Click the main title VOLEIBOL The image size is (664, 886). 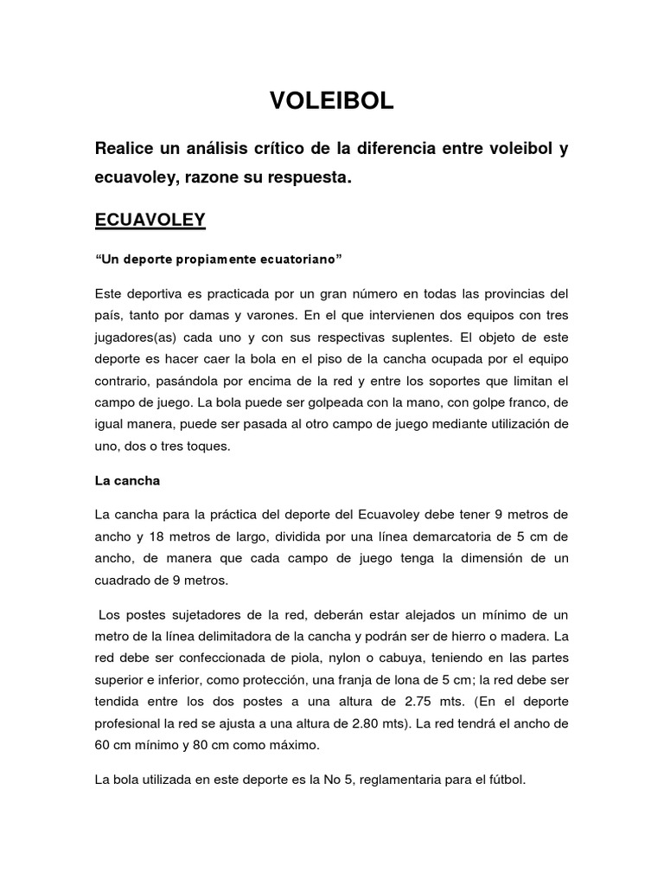click(332, 101)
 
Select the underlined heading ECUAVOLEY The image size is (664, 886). click(150, 219)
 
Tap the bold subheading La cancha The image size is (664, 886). click(127, 479)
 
